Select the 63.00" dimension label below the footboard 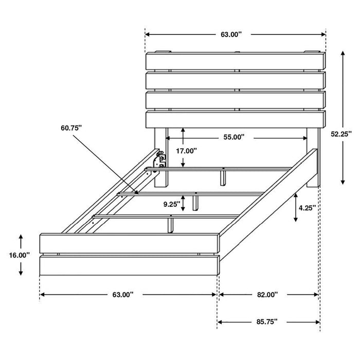[123, 295]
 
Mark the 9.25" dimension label [172, 204]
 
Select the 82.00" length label [268, 295]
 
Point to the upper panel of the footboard [129, 243]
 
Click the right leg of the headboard [313, 159]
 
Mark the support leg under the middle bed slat [196, 202]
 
